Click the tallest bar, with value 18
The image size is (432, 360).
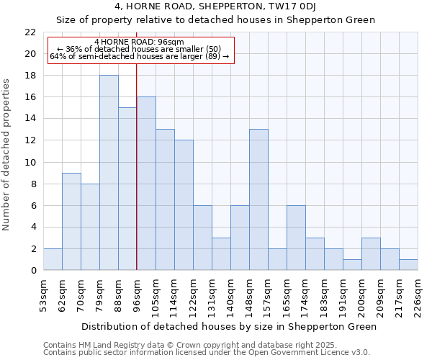pos(109,173)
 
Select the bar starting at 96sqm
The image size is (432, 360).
pos(146,184)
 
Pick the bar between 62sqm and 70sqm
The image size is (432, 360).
pos(71,221)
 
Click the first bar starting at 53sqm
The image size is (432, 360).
pos(53,259)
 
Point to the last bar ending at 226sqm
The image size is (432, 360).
pos(408,265)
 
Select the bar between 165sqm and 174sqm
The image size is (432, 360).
pos(296,238)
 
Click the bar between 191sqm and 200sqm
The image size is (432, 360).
pos(352,265)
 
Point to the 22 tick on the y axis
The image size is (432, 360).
pos(30,32)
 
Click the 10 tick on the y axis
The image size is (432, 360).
pos(30,162)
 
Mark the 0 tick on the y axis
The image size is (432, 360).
pos(33,270)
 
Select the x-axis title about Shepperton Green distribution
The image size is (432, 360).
pos(229,326)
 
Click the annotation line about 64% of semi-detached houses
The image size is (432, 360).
pos(139,56)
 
